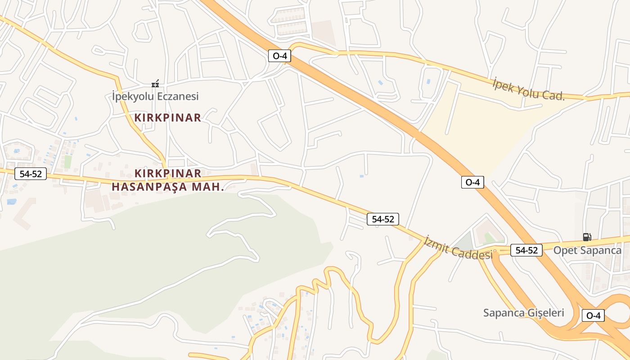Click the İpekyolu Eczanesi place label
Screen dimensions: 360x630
pyautogui.click(x=155, y=96)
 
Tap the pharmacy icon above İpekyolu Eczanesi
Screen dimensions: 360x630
pyautogui.click(x=155, y=84)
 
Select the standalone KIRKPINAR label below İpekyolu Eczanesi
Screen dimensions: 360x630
pyautogui.click(x=167, y=118)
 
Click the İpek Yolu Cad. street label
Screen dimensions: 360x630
pyautogui.click(x=528, y=89)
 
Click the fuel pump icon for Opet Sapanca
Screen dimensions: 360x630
pyautogui.click(x=587, y=237)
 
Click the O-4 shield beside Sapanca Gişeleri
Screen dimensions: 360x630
pyautogui.click(x=593, y=315)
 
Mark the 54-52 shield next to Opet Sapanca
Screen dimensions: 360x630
pyautogui.click(x=526, y=250)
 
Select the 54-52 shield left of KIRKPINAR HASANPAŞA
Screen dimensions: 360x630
pyautogui.click(x=31, y=174)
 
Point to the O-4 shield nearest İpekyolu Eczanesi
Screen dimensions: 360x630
pyautogui.click(x=279, y=56)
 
